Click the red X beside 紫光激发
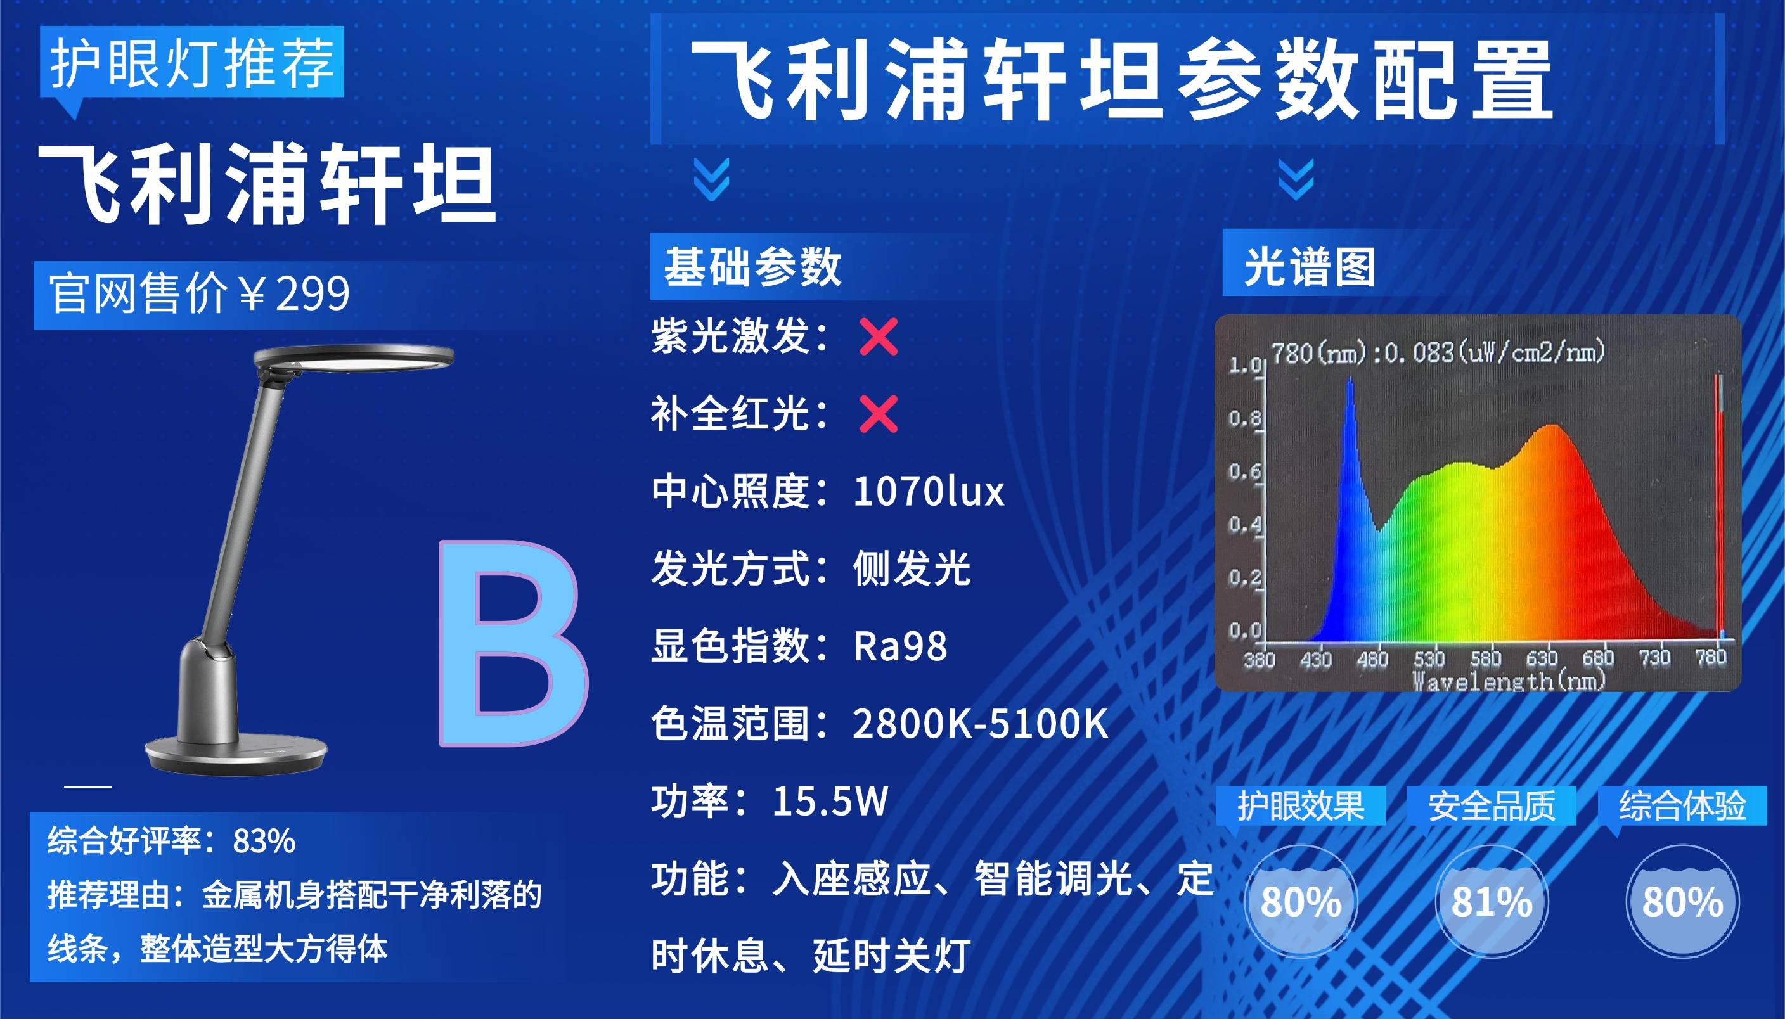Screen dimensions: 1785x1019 pyautogui.click(x=879, y=337)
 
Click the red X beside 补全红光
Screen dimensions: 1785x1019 pyautogui.click(x=879, y=414)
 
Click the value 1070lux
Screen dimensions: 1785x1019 pyautogui.click(x=929, y=491)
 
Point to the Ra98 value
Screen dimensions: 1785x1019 pyautogui.click(x=900, y=645)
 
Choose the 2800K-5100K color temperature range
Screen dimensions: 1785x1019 pyautogui.click(x=980, y=723)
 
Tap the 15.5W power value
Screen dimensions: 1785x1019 pyautogui.click(x=830, y=800)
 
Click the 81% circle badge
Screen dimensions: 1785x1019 pyautogui.click(x=1491, y=900)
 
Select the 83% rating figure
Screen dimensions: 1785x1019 pyautogui.click(x=264, y=840)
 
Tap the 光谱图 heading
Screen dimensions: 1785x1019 pyautogui.click(x=1309, y=267)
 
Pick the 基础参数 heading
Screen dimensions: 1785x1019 pyautogui.click(x=752, y=267)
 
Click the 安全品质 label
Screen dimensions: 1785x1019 pyautogui.click(x=1492, y=805)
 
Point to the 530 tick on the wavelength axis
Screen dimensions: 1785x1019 pyautogui.click(x=1429, y=658)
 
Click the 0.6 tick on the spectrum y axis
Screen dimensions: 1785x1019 pyautogui.click(x=1244, y=471)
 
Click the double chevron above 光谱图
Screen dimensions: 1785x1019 pyautogui.click(x=1296, y=179)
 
